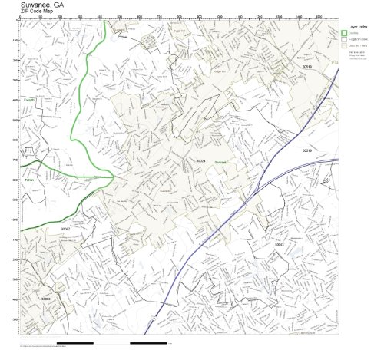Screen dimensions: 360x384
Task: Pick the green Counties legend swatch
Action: [x=345, y=33]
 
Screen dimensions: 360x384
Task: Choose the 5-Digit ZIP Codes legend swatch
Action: [x=345, y=39]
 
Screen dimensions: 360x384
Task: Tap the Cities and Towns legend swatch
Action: [x=345, y=46]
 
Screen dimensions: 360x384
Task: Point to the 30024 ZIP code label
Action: [x=201, y=160]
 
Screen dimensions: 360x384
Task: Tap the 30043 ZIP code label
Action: [x=280, y=244]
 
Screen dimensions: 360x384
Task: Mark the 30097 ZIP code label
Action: [x=65, y=228]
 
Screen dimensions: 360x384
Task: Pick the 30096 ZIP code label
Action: [x=45, y=299]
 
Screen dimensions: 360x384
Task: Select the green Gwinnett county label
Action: [x=222, y=163]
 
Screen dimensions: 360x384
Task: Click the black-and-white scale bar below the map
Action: [x=92, y=342]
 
